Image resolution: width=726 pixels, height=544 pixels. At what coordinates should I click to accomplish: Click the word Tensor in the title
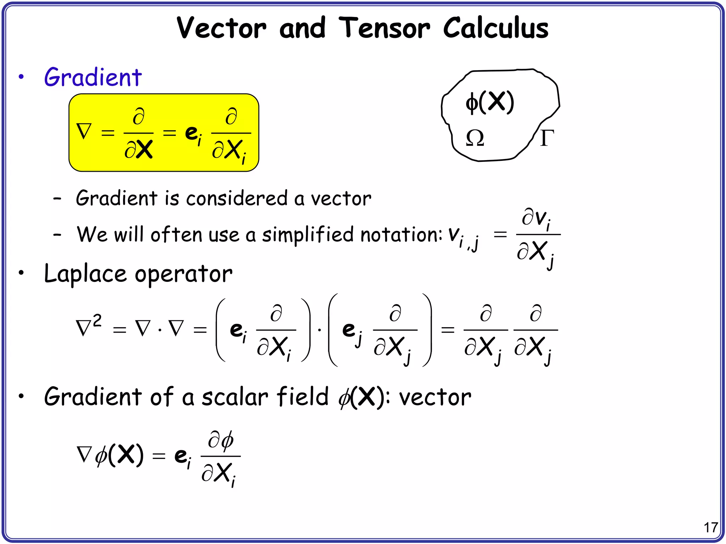click(384, 28)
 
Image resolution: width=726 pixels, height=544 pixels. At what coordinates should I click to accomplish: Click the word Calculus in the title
click(496, 28)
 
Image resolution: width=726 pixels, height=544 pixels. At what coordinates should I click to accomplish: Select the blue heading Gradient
click(93, 77)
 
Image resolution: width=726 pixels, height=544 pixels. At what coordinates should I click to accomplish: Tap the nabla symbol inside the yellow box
click(84, 131)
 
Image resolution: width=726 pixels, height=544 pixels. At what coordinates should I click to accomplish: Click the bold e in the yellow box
click(191, 133)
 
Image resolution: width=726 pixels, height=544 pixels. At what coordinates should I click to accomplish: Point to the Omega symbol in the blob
click(475, 138)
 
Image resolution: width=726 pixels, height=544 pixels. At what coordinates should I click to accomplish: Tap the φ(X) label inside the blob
click(490, 102)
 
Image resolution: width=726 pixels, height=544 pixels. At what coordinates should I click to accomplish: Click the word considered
click(237, 198)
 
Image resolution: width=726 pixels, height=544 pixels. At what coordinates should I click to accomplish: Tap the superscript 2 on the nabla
click(97, 321)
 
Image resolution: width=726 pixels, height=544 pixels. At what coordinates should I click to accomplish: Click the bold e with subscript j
click(349, 330)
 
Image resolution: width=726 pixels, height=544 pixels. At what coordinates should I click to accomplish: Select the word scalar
click(235, 397)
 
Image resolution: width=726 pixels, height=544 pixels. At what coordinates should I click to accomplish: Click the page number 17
click(711, 528)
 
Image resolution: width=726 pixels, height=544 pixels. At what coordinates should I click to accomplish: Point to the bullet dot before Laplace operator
click(22, 273)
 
